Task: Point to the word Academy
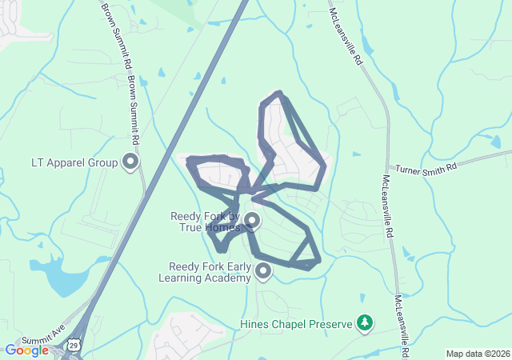(x=227, y=278)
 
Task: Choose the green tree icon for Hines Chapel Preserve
(x=365, y=323)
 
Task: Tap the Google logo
(x=27, y=350)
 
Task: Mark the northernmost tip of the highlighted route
(x=278, y=93)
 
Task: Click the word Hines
(x=255, y=324)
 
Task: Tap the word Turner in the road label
(x=411, y=170)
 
